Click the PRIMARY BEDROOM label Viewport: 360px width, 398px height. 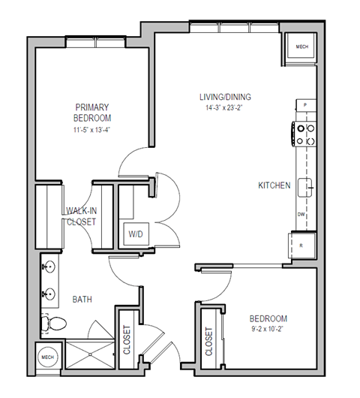point(92,113)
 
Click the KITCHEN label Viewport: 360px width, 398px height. point(274,185)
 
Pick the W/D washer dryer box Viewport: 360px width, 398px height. point(136,234)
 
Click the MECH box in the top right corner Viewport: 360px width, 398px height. point(302,47)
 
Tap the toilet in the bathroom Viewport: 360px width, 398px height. point(54,323)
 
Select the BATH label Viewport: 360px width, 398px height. point(82,299)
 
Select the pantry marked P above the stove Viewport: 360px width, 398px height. point(306,104)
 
